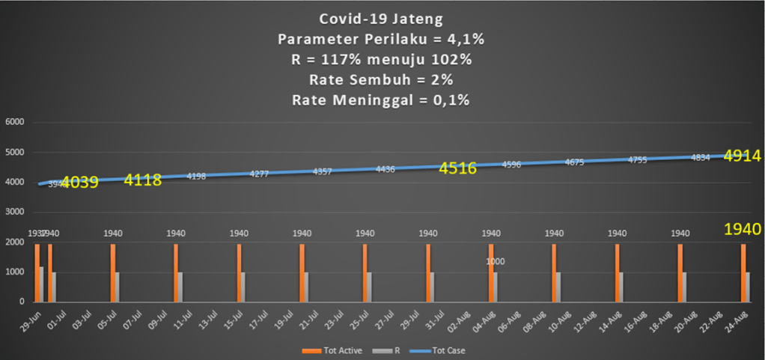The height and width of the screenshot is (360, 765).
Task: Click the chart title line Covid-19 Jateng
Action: click(382, 20)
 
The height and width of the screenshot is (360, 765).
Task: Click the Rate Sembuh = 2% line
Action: click(382, 79)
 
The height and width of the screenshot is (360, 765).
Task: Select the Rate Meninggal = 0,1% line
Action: click(382, 99)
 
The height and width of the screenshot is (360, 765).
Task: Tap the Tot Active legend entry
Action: click(324, 350)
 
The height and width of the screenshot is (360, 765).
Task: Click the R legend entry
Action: click(388, 350)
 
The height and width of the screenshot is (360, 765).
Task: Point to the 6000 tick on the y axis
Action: click(15, 123)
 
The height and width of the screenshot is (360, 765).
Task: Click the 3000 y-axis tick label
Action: click(15, 212)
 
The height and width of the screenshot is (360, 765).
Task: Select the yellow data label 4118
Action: click(143, 180)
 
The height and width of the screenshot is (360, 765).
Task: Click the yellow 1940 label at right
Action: click(742, 229)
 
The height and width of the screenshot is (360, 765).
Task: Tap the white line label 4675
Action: click(575, 162)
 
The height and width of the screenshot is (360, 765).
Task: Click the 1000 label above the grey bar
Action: click(496, 262)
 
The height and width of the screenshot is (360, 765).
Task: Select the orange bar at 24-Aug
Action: click(743, 272)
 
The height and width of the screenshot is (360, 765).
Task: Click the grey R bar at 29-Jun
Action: click(41, 284)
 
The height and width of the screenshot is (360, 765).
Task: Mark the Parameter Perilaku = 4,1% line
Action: click(382, 40)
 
